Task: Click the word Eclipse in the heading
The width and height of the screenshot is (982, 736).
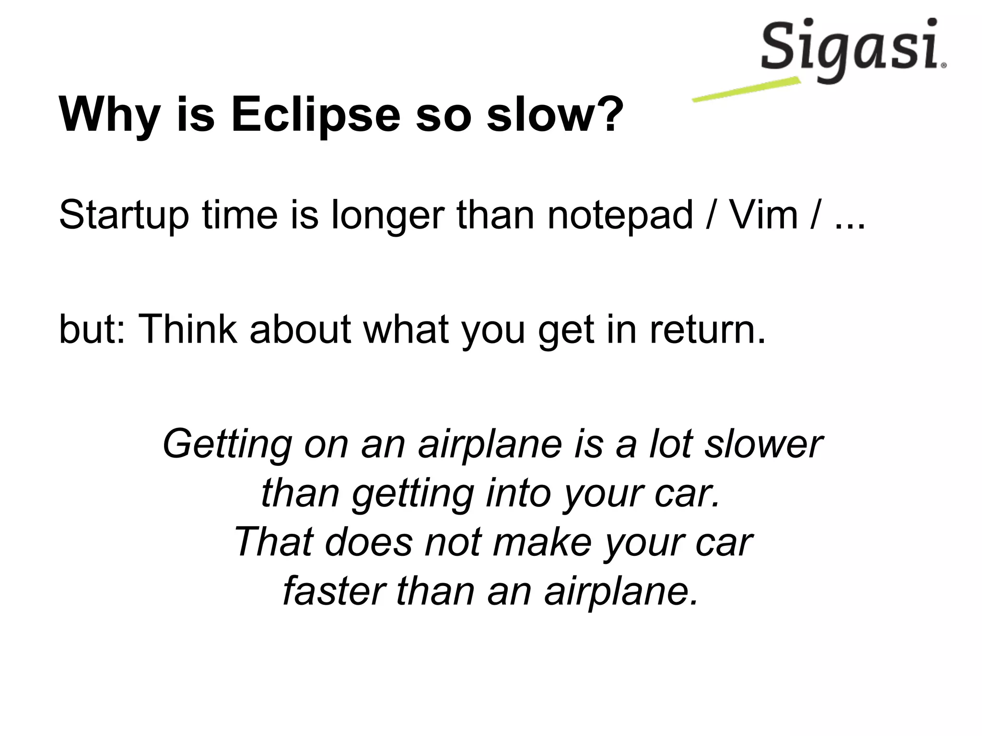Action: tap(316, 115)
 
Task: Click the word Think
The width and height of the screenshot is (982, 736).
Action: tap(187, 329)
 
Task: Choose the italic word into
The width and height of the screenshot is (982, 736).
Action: tap(518, 494)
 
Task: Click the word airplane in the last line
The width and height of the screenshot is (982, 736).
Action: tap(620, 592)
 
